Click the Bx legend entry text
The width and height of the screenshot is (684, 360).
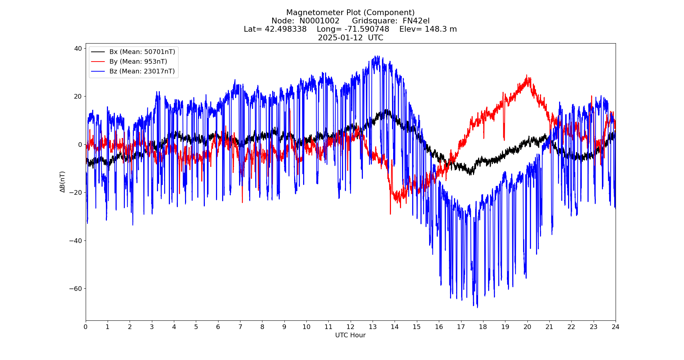pos(142,52)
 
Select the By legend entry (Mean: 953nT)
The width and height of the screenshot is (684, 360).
pos(138,62)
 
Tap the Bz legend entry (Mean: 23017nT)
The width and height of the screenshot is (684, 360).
pos(142,71)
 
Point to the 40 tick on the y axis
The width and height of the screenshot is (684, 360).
pos(78,48)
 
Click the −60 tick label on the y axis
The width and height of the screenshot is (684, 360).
pos(75,289)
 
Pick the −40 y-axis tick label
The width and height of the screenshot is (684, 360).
pos(75,240)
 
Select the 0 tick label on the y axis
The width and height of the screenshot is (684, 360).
pos(80,144)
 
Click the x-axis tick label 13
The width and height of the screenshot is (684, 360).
pos(373,327)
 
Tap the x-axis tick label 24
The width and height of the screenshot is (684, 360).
pos(616,327)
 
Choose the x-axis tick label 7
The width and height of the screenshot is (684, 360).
pos(240,327)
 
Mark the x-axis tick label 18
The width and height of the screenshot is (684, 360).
pos(483,327)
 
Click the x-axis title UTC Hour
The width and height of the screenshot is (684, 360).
pos(350,335)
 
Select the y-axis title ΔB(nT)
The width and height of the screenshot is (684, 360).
pos(63,182)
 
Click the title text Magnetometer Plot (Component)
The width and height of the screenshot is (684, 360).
pos(350,13)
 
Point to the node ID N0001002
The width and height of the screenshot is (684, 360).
pos(319,21)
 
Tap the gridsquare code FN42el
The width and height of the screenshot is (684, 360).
pos(416,21)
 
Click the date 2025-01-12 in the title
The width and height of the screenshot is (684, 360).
pos(340,38)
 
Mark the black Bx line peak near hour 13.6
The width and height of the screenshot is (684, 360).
pos(386,110)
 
